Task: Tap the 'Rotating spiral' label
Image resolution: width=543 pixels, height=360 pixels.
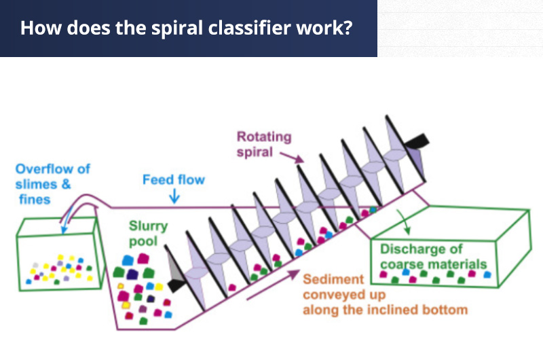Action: [x=263, y=144]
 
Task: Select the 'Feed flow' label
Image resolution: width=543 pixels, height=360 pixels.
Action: [x=173, y=180]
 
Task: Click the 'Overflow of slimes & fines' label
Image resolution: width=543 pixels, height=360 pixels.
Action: [x=52, y=183]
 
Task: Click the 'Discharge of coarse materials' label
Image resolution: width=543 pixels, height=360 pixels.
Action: [x=433, y=257]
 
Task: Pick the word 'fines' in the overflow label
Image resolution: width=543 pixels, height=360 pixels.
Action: [x=35, y=199]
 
